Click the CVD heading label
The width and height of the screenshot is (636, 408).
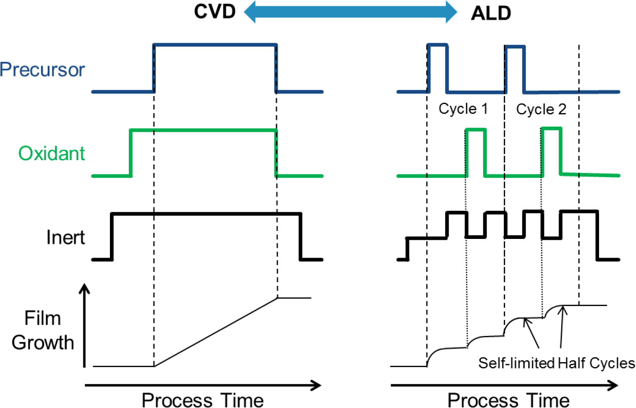click(215, 12)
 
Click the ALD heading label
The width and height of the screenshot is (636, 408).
click(491, 13)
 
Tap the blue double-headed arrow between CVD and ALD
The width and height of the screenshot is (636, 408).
click(350, 12)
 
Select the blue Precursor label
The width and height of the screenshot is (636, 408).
click(42, 70)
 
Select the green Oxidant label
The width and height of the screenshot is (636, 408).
click(51, 154)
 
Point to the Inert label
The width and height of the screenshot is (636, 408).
click(65, 237)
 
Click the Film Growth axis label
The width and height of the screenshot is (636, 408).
click(43, 331)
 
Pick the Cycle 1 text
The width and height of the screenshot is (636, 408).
click(463, 109)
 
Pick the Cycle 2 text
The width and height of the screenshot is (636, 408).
click(541, 109)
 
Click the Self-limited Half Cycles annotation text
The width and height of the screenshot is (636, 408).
click(556, 363)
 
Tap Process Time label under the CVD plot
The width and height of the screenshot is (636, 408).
click(203, 400)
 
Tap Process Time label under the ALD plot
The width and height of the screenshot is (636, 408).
click(508, 400)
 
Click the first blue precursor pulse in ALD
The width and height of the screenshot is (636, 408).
click(437, 45)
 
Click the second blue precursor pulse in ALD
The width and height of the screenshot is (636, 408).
click(515, 46)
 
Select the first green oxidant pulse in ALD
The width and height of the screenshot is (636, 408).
click(475, 129)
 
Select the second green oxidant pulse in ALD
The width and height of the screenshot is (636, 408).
click(551, 129)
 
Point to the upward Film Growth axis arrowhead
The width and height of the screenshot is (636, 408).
click(84, 289)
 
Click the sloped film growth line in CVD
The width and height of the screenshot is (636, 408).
click(216, 332)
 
